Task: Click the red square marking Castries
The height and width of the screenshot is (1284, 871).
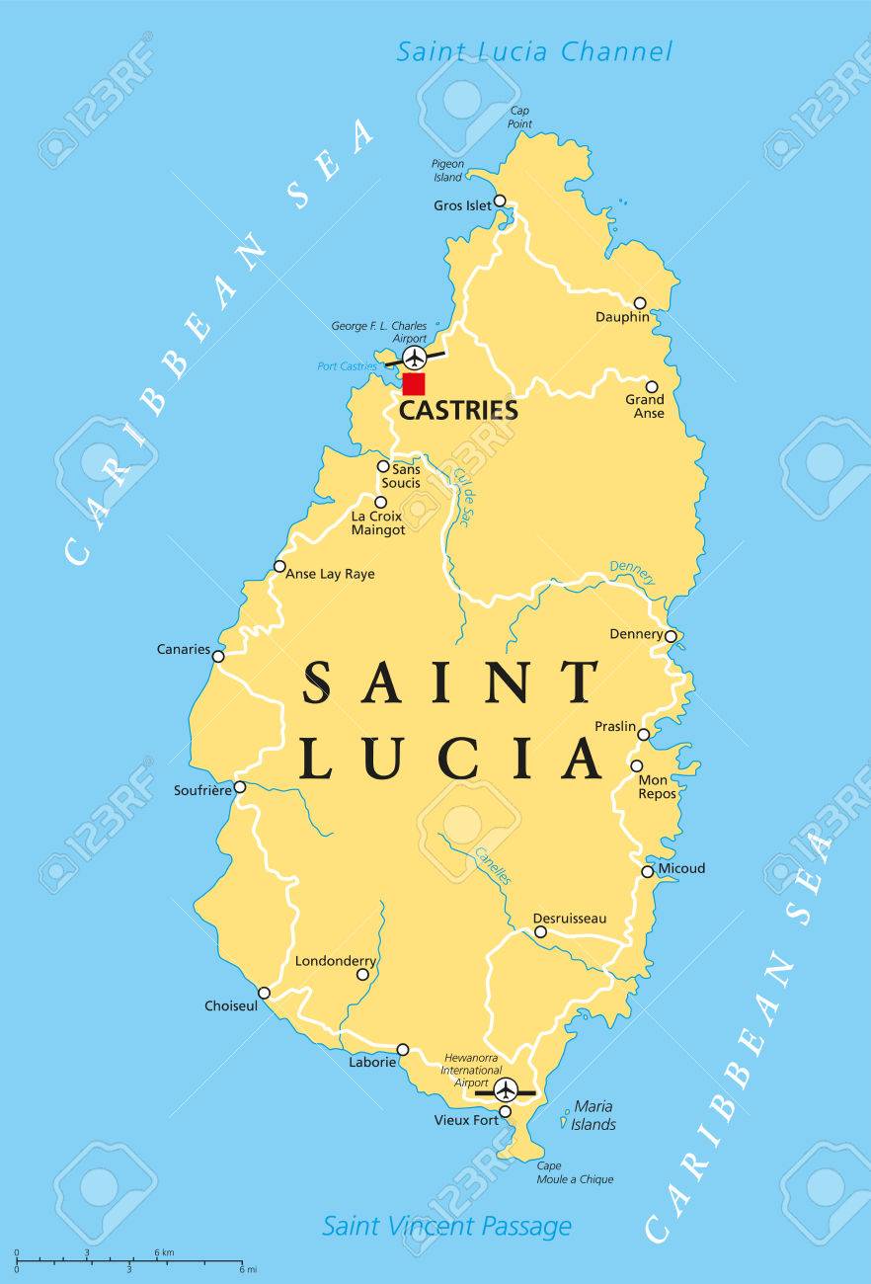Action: coord(414,384)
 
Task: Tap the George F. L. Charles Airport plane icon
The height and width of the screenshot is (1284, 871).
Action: coord(415,356)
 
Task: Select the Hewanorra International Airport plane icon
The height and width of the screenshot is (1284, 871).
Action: coord(506,1090)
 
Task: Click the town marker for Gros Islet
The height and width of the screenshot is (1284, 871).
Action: coord(500,201)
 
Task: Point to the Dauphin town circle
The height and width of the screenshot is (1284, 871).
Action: coord(640,303)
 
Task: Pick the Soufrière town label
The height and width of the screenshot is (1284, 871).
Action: coord(201,790)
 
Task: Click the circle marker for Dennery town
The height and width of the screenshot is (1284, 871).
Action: coord(671,636)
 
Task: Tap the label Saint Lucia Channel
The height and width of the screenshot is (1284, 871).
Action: coord(534,51)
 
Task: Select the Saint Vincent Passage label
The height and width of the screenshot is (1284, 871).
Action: coord(446,1226)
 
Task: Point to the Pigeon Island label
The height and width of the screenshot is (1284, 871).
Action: coord(446,170)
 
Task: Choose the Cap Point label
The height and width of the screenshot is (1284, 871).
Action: coord(520,117)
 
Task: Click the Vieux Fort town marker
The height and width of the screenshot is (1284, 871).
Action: coord(505,1112)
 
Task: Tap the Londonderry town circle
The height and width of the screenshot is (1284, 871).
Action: coord(362,974)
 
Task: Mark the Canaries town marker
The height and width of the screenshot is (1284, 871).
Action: coord(218,656)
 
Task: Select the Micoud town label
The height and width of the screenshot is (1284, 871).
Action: coord(682,869)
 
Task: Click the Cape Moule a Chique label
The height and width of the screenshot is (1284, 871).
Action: coord(575,1172)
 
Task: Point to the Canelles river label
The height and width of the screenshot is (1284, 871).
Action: coord(493,865)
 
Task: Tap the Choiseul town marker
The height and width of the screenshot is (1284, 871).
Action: coord(264,993)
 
